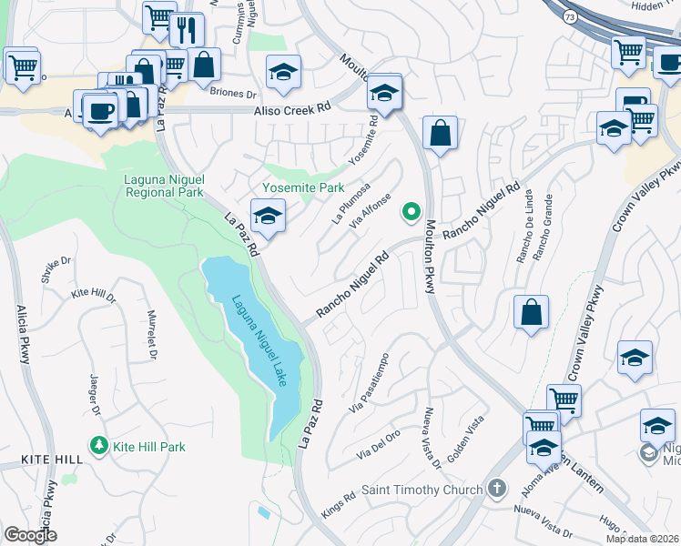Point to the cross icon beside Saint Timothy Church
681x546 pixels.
(496, 489)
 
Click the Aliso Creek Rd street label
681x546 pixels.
(290, 109)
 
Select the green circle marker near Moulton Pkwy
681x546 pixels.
(412, 212)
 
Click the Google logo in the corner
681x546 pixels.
(31, 535)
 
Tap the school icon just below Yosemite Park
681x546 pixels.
(268, 217)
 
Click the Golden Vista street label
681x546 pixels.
(462, 437)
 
